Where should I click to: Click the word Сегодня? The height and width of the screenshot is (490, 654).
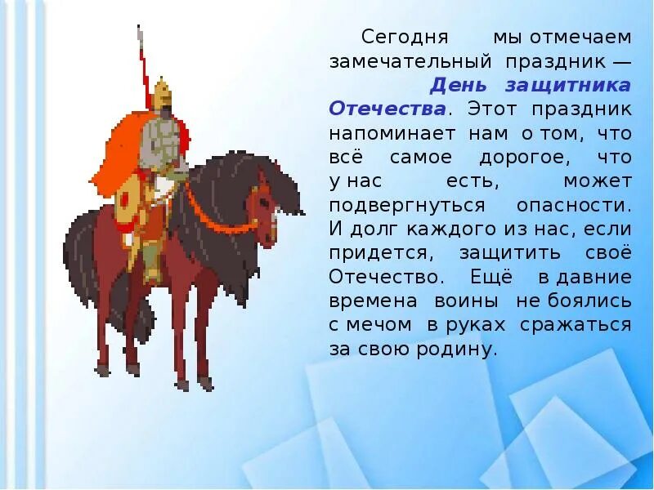pyautogui.click(x=394, y=38)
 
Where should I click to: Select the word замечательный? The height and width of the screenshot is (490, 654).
pyautogui.click(x=410, y=61)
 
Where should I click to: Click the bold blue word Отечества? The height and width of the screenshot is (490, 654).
pyautogui.click(x=387, y=109)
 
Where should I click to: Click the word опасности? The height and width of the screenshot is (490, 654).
pyautogui.click(x=574, y=204)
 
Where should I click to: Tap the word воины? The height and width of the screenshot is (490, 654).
pyautogui.click(x=472, y=301)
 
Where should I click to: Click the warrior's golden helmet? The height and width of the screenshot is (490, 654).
pyautogui.click(x=161, y=91)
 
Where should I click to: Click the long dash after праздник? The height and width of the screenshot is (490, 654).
pyautogui.click(x=618, y=61)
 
